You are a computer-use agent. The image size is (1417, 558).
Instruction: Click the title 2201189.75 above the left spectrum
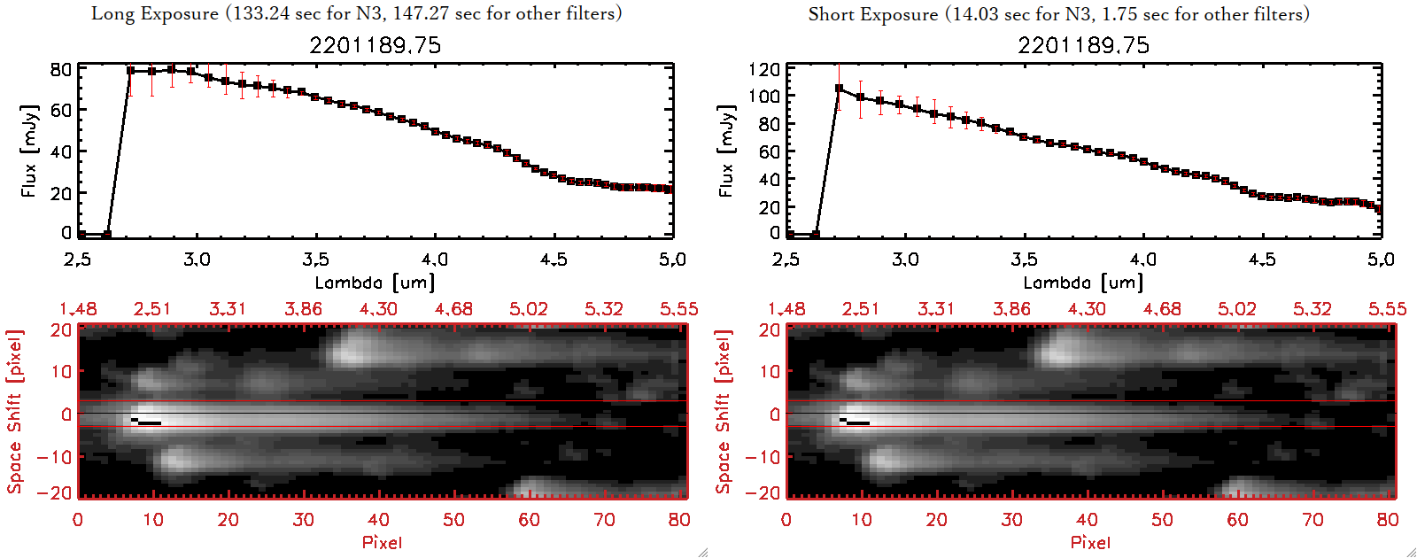(x=375, y=45)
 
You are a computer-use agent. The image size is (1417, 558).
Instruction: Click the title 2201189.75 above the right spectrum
(x=1083, y=45)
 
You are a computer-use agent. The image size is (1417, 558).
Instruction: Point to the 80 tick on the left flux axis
(x=60, y=69)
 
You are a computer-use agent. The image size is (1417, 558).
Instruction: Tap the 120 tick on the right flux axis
(x=763, y=69)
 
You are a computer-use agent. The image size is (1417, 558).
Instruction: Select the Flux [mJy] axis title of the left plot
(x=29, y=151)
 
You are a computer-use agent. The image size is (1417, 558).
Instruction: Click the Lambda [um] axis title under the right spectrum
(x=1083, y=283)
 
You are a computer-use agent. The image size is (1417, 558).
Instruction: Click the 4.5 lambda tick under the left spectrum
(x=554, y=260)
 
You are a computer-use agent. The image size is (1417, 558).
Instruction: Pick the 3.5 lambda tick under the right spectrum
(x=1024, y=260)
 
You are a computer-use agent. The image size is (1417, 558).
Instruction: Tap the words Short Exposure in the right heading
(x=872, y=14)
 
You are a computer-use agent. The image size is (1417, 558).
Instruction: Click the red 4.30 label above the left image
(x=378, y=309)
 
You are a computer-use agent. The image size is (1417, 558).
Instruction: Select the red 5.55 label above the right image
(x=1387, y=309)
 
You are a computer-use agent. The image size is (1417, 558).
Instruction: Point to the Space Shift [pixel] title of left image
(x=14, y=412)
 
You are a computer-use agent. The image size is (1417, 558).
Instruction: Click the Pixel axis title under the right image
(x=1090, y=542)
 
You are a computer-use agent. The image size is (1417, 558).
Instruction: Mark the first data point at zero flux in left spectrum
(x=81, y=235)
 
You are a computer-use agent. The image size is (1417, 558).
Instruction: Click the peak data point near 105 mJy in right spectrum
(x=839, y=89)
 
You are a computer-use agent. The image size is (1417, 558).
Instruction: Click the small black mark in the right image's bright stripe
(x=856, y=422)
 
